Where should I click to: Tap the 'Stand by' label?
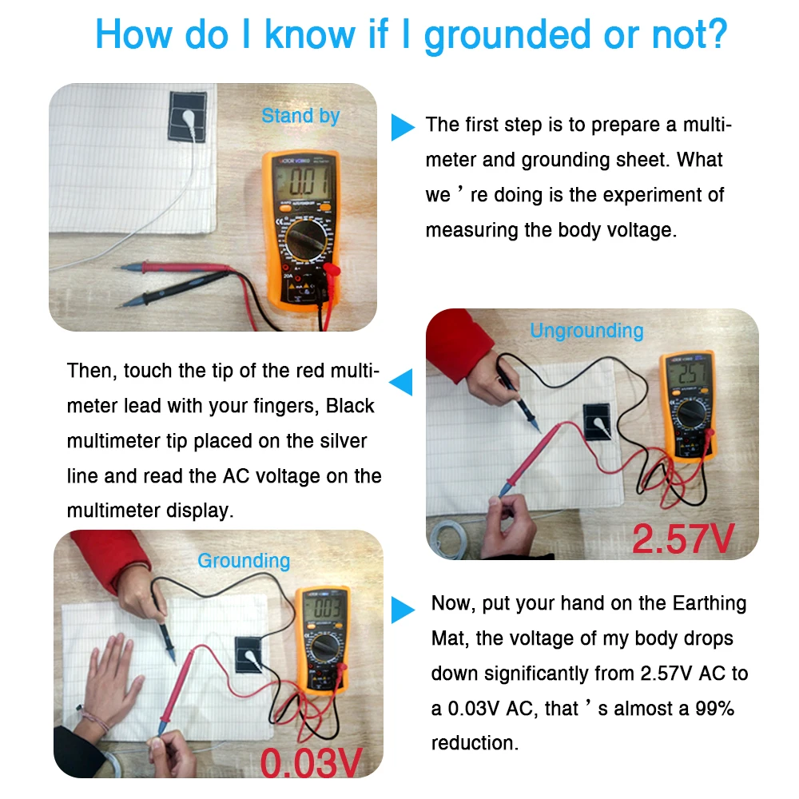[x=300, y=116]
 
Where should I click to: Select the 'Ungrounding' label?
[x=586, y=331]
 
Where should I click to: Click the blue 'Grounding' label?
[x=244, y=561]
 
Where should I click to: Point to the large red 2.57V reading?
[x=683, y=539]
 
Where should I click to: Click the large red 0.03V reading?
[x=312, y=761]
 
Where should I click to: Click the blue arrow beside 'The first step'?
[x=403, y=127]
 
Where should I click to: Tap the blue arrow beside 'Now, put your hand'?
[x=403, y=612]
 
